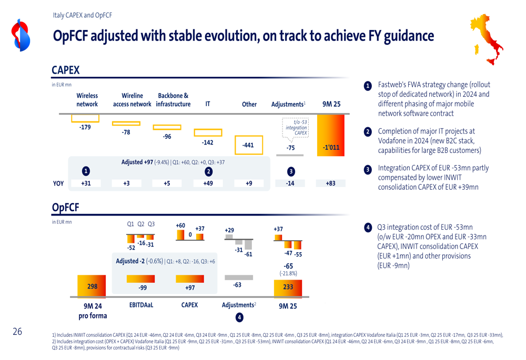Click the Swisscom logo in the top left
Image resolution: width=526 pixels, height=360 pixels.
[x=22, y=35]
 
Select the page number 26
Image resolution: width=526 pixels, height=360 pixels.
[x=17, y=332]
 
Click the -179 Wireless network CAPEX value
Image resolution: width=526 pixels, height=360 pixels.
[x=85, y=127]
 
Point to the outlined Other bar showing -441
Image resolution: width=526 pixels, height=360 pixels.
[x=248, y=145]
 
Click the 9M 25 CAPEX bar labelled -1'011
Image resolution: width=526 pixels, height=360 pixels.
[x=331, y=136]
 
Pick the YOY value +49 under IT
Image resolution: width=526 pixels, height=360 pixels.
[x=208, y=183]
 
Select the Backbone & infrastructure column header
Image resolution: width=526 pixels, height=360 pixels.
[x=173, y=100]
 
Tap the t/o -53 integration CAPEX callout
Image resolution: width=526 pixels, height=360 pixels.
[x=296, y=128]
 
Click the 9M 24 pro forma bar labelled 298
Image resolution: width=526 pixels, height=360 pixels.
[x=92, y=286]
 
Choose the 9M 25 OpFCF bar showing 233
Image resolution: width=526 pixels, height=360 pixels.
[x=288, y=287]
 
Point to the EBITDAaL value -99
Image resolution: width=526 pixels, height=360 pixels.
[x=143, y=288]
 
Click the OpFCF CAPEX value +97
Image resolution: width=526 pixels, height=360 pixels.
[x=190, y=288]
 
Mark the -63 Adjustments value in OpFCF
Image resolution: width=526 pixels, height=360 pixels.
[x=237, y=285]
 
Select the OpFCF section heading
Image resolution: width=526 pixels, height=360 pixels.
[x=65, y=208]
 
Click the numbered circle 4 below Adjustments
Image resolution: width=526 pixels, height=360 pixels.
[x=239, y=317]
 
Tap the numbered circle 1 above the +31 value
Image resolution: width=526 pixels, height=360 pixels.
[x=86, y=171]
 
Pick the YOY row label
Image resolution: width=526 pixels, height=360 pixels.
[x=58, y=183]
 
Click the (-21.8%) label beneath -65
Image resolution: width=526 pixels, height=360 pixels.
[x=288, y=273]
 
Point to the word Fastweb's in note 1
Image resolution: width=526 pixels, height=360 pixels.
[x=393, y=85]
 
